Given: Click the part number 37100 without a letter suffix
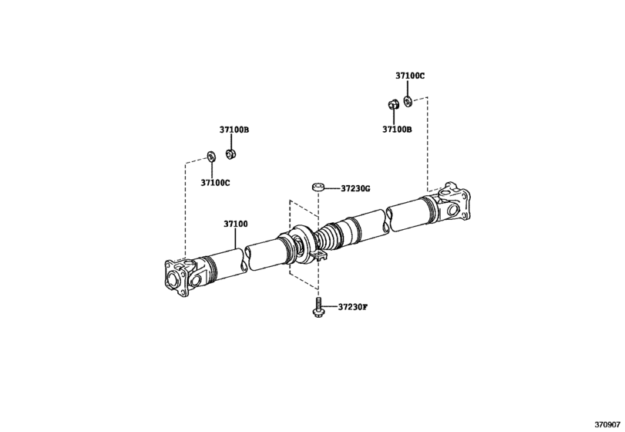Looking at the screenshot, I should pyautogui.click(x=236, y=224).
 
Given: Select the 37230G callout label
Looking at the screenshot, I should pyautogui.click(x=355, y=188).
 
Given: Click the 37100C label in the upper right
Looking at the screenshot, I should pyautogui.click(x=410, y=76).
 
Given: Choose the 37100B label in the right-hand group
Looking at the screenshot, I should pyautogui.click(x=397, y=130).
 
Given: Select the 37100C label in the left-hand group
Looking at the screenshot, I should pyautogui.click(x=216, y=183).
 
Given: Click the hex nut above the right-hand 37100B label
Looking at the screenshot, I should pyautogui.click(x=391, y=105).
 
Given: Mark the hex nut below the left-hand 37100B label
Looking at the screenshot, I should pyautogui.click(x=230, y=154).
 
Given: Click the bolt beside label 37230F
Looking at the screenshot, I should pyautogui.click(x=318, y=308).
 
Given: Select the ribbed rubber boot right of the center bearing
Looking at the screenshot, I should pyautogui.click(x=331, y=235).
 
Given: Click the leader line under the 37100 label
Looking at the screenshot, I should pyautogui.click(x=236, y=238).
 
